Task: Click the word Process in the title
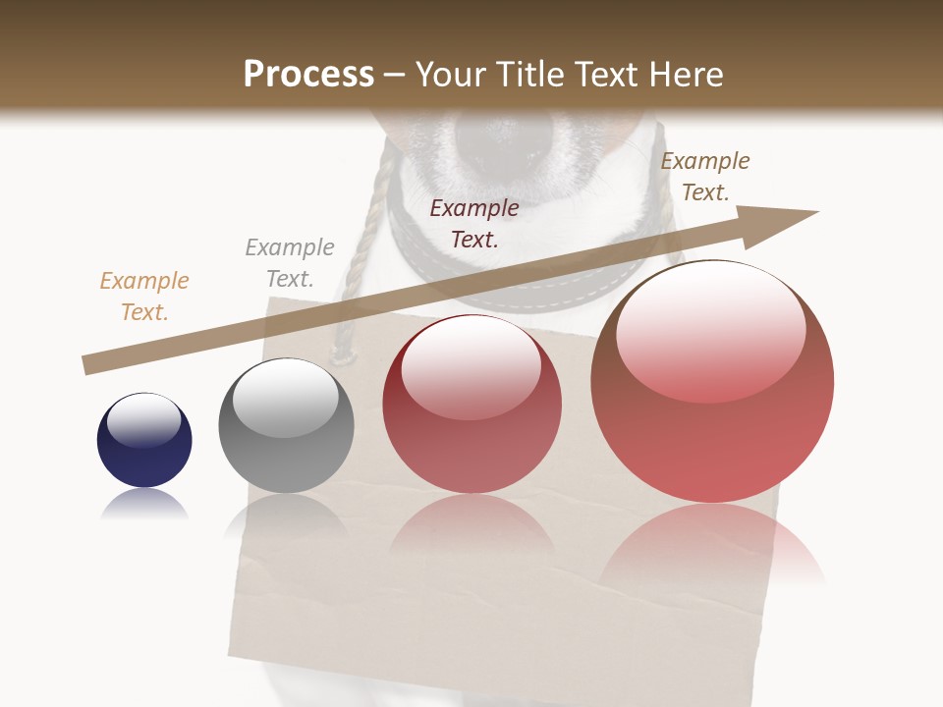308,75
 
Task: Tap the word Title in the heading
528,75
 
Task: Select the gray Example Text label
290,263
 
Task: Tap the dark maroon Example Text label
474,223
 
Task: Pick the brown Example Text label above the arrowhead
705,177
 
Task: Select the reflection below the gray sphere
286,515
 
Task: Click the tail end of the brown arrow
88,364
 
